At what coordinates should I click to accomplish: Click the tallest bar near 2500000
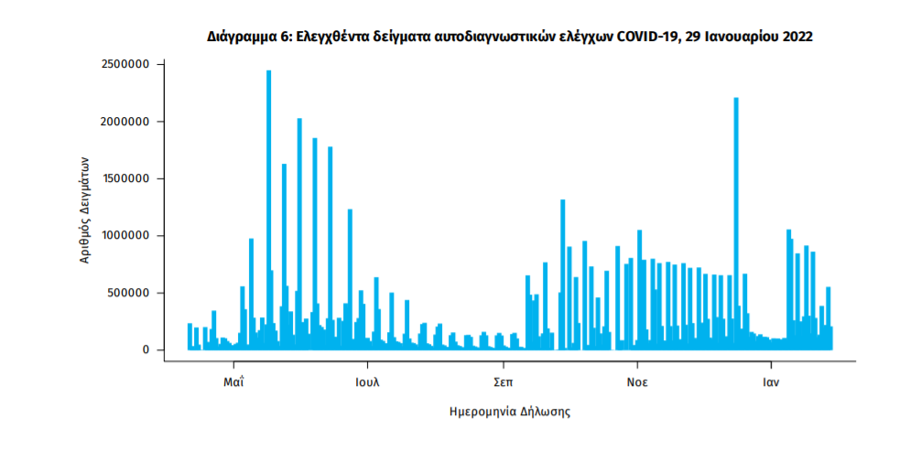point(268,210)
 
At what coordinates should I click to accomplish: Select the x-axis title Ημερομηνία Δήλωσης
point(511,413)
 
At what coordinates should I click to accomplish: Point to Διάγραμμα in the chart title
point(239,37)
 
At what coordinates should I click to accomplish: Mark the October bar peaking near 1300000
point(563,274)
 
